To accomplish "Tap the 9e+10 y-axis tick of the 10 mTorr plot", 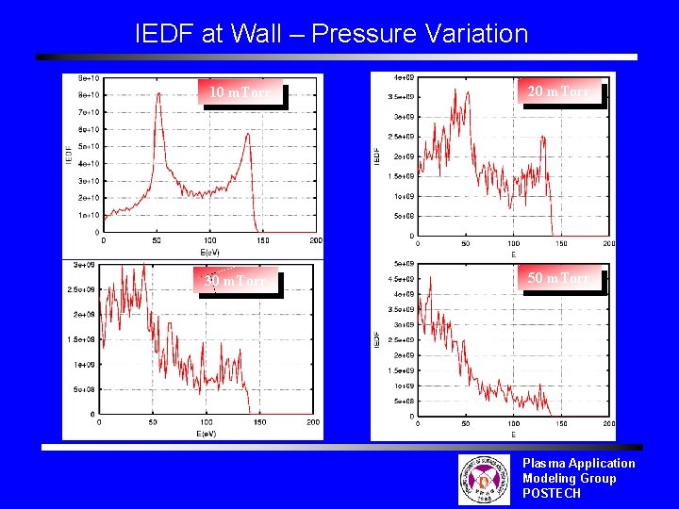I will pos(90,77).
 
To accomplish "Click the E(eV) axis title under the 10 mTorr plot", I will pos(209,252).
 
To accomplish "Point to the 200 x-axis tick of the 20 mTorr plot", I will pos(609,244).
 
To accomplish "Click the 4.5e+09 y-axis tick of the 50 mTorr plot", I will pos(401,279).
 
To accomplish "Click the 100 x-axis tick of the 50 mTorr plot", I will pos(514,425).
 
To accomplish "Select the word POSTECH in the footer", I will pos(553,493).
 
